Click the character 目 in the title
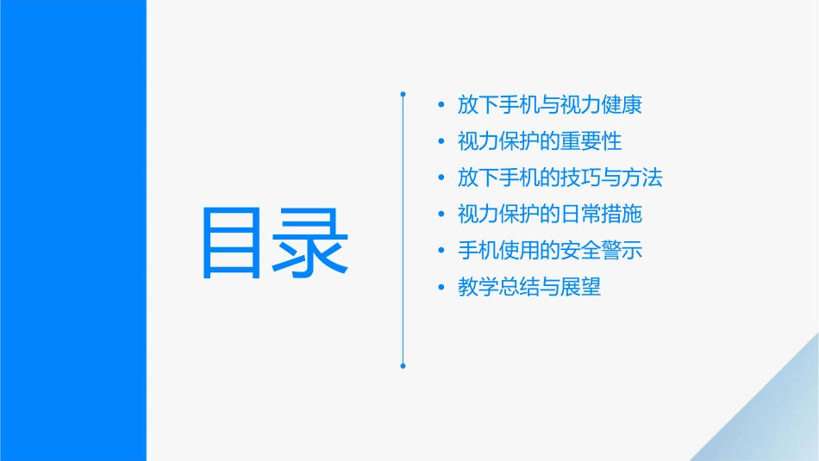point(235,243)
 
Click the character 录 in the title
point(312,243)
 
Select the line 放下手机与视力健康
point(550,105)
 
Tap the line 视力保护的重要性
point(540,141)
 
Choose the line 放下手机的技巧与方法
point(560,178)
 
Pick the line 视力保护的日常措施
point(550,214)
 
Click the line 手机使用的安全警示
point(550,250)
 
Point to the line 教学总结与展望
point(529,287)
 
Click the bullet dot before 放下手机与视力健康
point(441,106)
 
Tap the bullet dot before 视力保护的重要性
point(441,142)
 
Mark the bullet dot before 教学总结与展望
point(441,288)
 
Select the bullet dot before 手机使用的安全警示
point(441,251)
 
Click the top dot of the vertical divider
point(403,92)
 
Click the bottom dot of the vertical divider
point(403,366)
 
